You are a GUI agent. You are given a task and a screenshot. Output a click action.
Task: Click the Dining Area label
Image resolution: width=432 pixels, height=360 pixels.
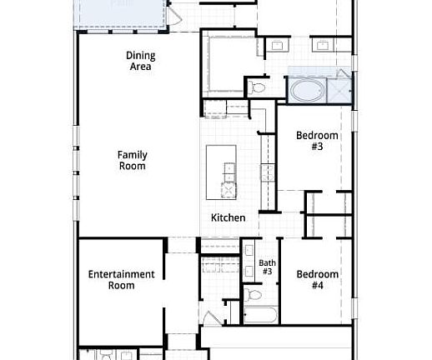[139, 61]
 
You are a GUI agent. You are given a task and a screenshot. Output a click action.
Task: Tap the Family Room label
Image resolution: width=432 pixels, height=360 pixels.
[132, 160]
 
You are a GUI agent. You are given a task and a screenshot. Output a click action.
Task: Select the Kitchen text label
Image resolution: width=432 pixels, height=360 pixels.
[228, 217]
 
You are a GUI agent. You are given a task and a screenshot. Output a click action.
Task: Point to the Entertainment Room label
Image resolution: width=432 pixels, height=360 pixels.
[121, 280]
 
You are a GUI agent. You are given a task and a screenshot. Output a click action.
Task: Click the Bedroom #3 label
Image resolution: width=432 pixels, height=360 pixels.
[318, 141]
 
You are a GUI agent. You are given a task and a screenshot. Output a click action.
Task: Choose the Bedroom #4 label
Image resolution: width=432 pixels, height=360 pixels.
[318, 280]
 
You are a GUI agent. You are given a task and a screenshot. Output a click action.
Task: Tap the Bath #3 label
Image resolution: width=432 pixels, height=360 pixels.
[267, 267]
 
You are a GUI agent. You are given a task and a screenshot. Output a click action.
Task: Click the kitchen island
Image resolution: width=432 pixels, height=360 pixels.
[222, 172]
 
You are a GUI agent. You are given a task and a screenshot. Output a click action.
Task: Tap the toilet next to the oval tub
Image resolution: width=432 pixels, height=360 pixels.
[258, 87]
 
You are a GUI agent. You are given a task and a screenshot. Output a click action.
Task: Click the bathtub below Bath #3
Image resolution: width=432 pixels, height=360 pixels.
[262, 316]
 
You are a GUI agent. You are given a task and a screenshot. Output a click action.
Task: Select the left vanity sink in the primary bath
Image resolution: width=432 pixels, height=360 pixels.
[277, 45]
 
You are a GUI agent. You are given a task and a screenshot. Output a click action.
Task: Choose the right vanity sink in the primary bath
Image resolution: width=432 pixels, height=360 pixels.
[324, 45]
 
